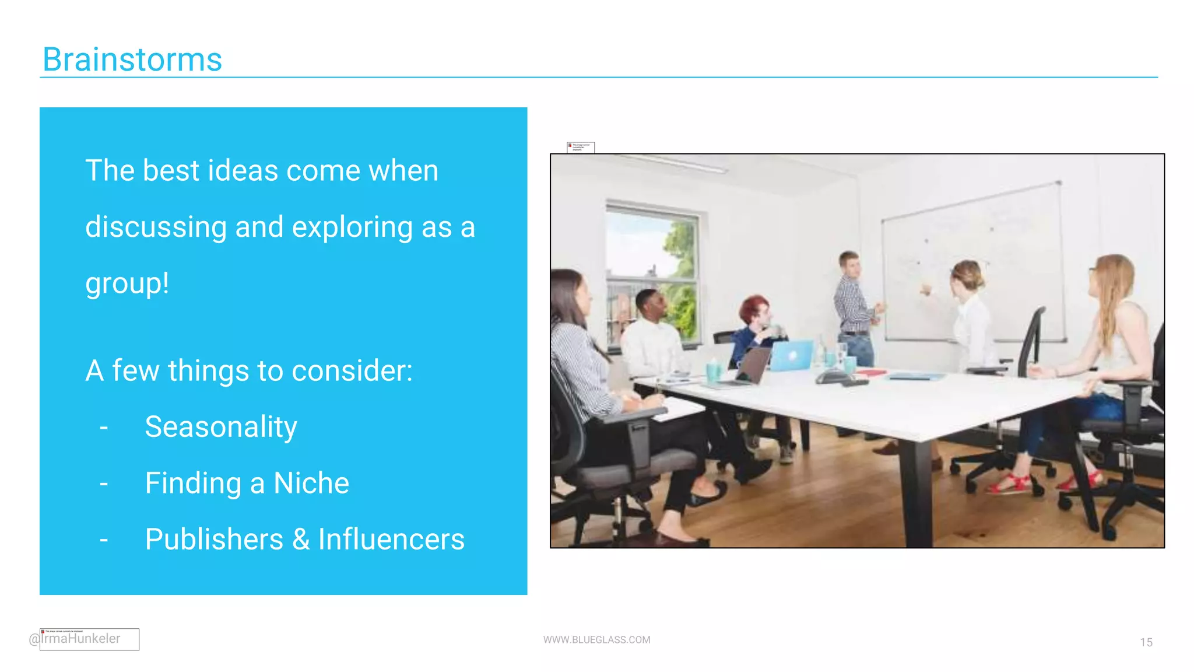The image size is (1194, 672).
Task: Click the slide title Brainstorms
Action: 132,60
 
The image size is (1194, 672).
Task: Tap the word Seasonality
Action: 221,427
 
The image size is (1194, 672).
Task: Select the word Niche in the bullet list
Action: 311,484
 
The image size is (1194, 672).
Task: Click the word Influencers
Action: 391,540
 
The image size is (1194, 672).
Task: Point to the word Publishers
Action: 214,540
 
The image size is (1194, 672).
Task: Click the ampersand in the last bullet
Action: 301,540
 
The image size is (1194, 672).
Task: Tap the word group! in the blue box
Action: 127,284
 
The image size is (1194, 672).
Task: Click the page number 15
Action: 1146,642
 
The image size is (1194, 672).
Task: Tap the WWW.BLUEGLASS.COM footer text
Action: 596,640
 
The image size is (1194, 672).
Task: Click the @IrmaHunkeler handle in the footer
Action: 76,639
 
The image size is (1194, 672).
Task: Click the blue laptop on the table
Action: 791,355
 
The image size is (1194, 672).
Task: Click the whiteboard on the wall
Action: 974,262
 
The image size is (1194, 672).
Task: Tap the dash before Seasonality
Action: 104,428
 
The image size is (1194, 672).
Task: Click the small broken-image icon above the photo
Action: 580,147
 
